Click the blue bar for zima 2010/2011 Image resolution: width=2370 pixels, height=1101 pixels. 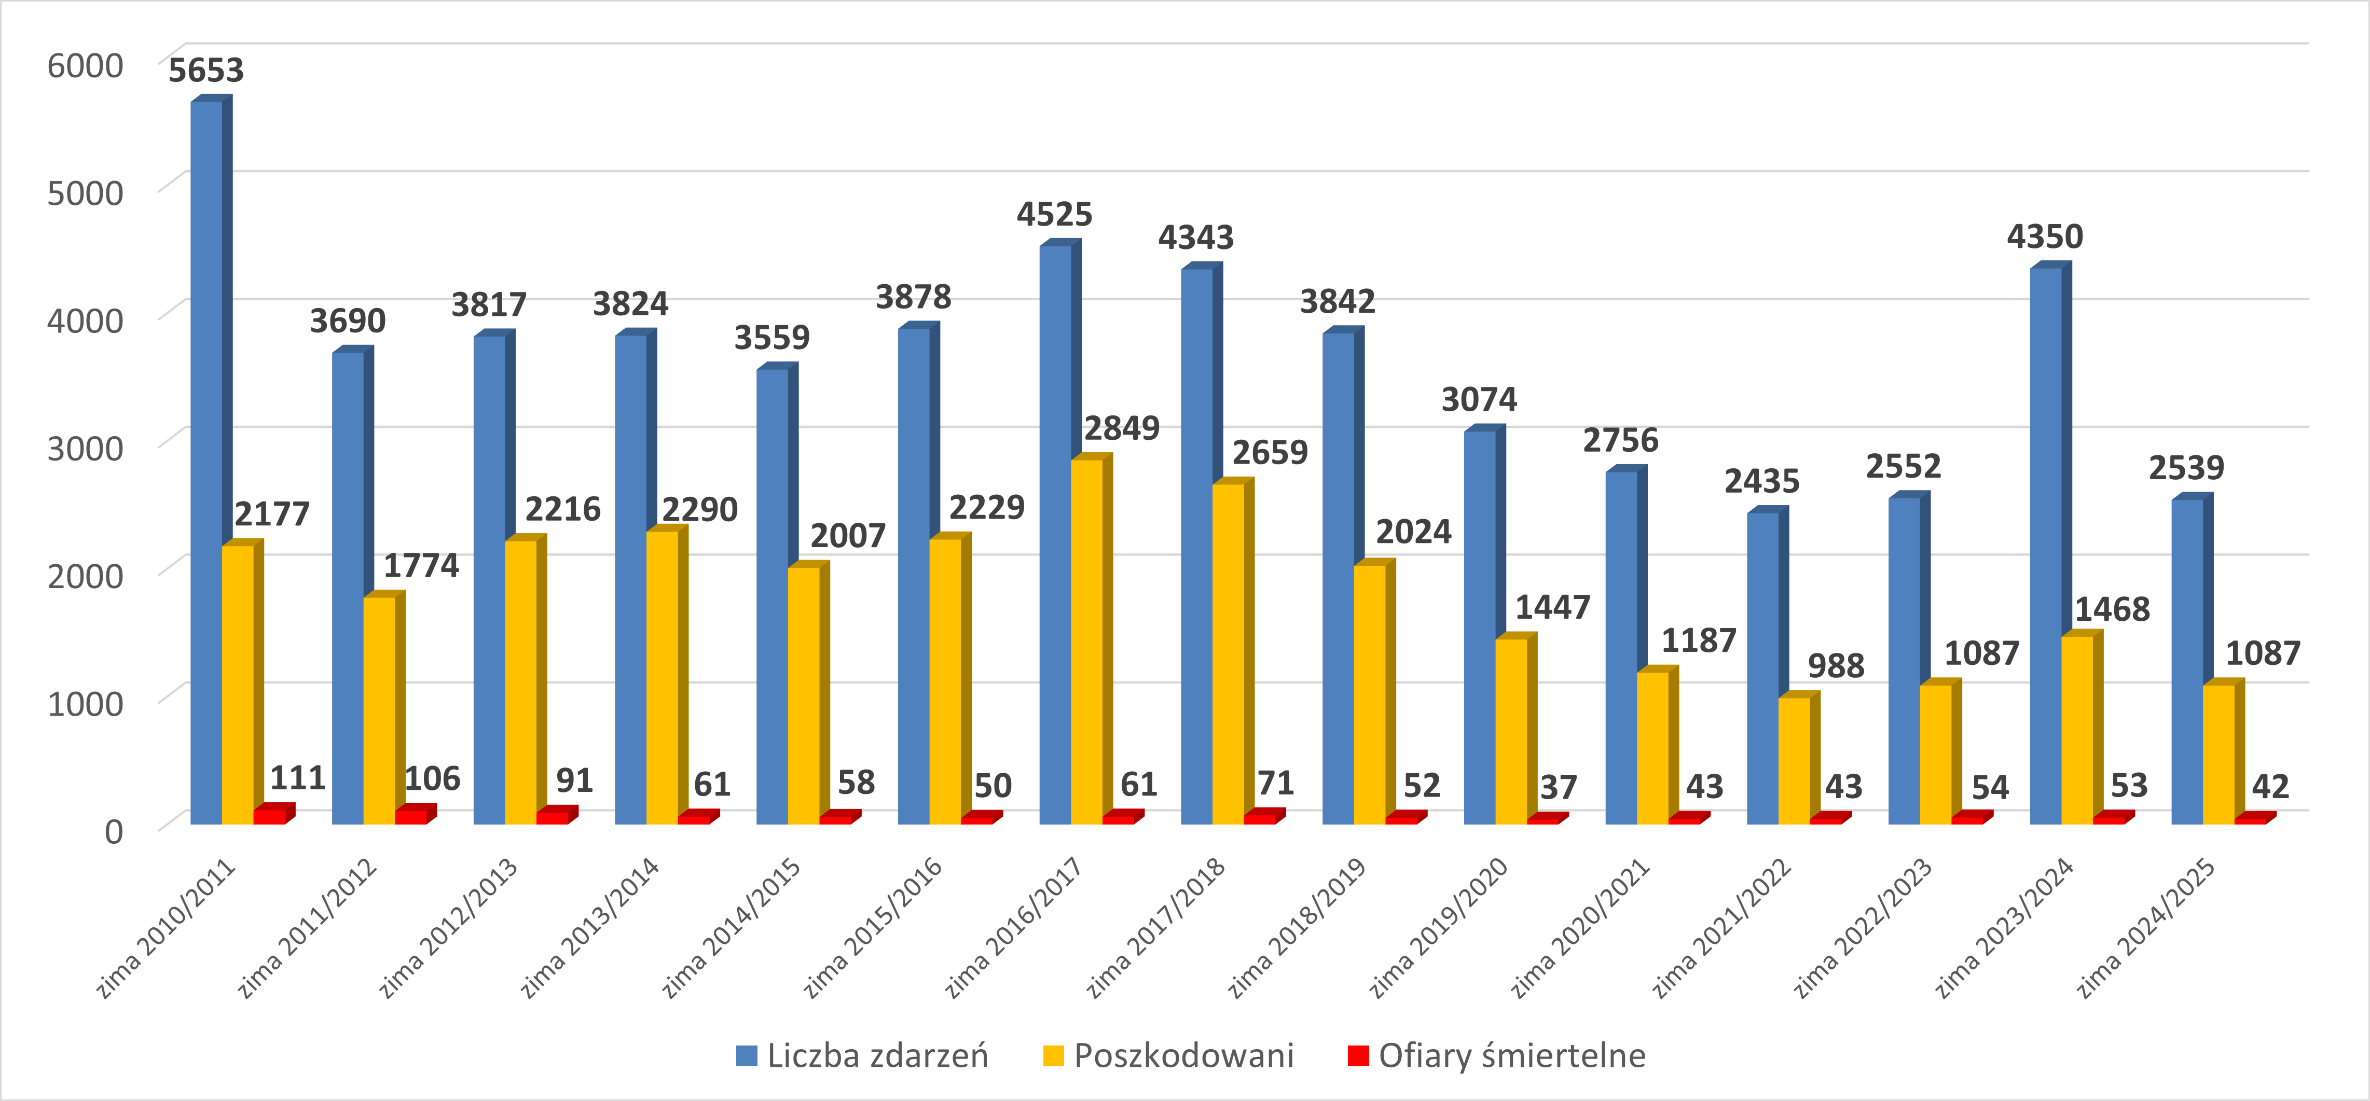(x=206, y=460)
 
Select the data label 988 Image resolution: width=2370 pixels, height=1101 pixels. (x=1836, y=666)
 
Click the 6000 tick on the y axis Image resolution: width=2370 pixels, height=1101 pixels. (x=85, y=66)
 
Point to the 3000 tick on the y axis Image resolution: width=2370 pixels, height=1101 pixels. (x=85, y=449)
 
